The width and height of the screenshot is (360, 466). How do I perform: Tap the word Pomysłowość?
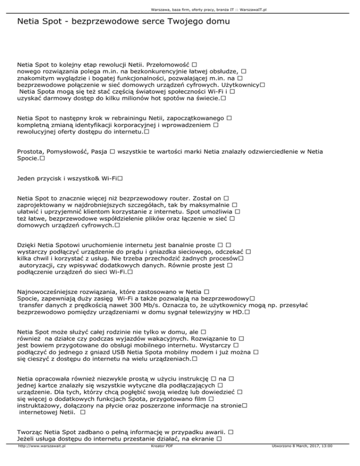coord(69,152)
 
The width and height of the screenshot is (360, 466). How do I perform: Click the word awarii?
coord(215,431)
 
